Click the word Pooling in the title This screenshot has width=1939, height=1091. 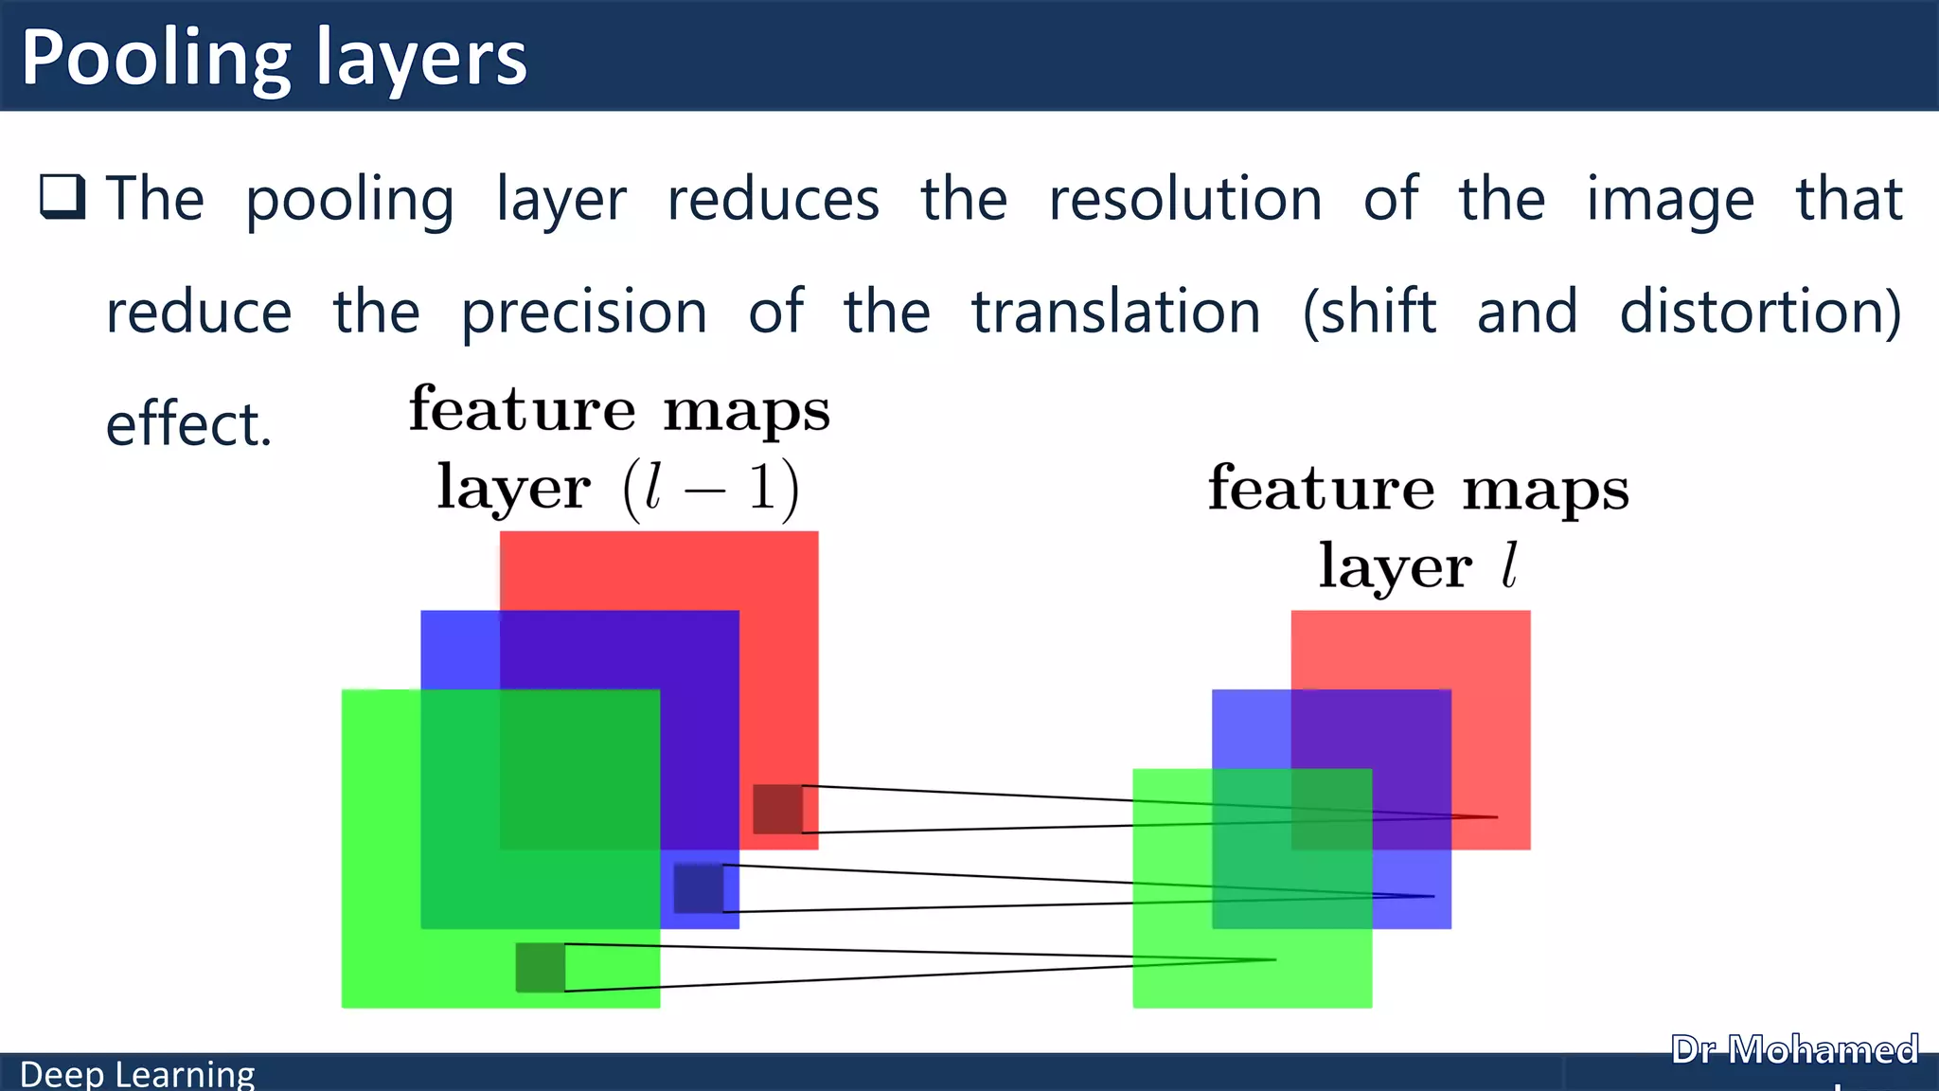click(x=156, y=59)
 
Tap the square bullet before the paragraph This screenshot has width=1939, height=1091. click(x=63, y=197)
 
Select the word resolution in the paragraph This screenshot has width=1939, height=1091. click(x=1185, y=199)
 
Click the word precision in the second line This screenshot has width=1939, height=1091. click(x=584, y=313)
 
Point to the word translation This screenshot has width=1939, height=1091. click(x=1116, y=312)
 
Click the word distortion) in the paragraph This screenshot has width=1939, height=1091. click(x=1760, y=312)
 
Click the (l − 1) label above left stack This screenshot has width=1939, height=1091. click(x=711, y=490)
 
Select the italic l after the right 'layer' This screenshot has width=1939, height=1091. click(x=1509, y=566)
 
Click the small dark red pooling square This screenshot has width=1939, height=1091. click(x=777, y=809)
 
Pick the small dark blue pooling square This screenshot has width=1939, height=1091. click(x=698, y=888)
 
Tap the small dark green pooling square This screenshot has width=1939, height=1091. click(x=540, y=967)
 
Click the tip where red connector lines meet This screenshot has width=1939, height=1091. click(x=1496, y=816)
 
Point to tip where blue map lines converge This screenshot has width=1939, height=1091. click(x=1432, y=896)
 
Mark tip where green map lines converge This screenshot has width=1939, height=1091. click(x=1274, y=959)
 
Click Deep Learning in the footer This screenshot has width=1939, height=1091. click(x=137, y=1074)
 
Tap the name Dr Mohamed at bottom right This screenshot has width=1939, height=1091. click(x=1794, y=1050)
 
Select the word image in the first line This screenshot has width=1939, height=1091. click(x=1670, y=201)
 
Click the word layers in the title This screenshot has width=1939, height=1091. click(x=421, y=59)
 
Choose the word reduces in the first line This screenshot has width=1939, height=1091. click(x=774, y=199)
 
